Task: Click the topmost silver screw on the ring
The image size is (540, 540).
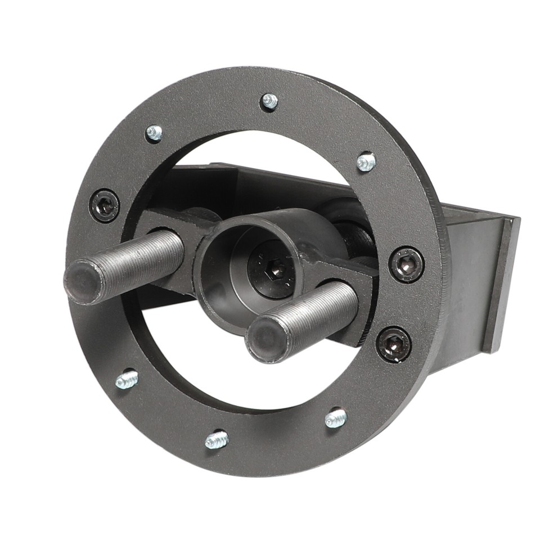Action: [269, 101]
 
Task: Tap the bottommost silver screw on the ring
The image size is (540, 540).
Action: [217, 439]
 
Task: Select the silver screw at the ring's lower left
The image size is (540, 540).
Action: [127, 379]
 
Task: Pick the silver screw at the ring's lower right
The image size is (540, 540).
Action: [336, 418]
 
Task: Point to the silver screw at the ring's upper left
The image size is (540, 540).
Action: [154, 133]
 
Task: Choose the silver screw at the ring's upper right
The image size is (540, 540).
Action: [366, 162]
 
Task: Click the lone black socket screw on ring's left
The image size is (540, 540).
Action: [105, 206]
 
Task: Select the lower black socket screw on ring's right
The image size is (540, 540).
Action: [393, 344]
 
